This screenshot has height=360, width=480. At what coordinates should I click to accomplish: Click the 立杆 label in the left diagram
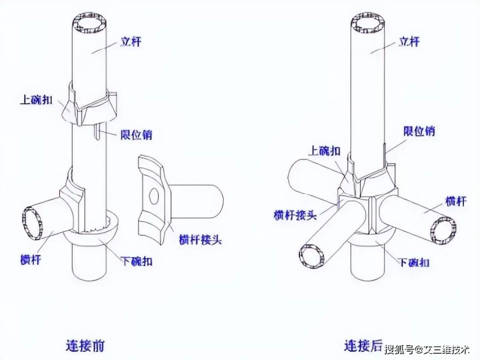131,42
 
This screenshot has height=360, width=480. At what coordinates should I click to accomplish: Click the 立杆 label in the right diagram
409,42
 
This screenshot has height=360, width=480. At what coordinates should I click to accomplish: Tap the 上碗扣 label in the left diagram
36,100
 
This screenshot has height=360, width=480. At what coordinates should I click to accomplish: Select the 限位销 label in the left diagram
136,134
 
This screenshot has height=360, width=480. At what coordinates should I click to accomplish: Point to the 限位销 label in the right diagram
419,131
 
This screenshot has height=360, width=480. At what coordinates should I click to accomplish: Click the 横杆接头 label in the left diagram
200,240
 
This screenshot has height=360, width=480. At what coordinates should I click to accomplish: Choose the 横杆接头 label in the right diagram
295,215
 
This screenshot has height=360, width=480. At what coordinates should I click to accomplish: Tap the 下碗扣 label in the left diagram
137,261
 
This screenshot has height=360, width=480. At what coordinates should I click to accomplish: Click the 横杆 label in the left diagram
30,259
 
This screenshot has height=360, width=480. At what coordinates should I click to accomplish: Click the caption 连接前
85,345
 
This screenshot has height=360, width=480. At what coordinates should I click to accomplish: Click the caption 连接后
364,345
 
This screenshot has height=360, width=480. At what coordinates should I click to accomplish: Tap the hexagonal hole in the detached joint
153,196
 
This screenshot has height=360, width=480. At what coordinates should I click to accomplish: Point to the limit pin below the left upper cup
97,132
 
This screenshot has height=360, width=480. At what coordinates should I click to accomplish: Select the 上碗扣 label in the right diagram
324,151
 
